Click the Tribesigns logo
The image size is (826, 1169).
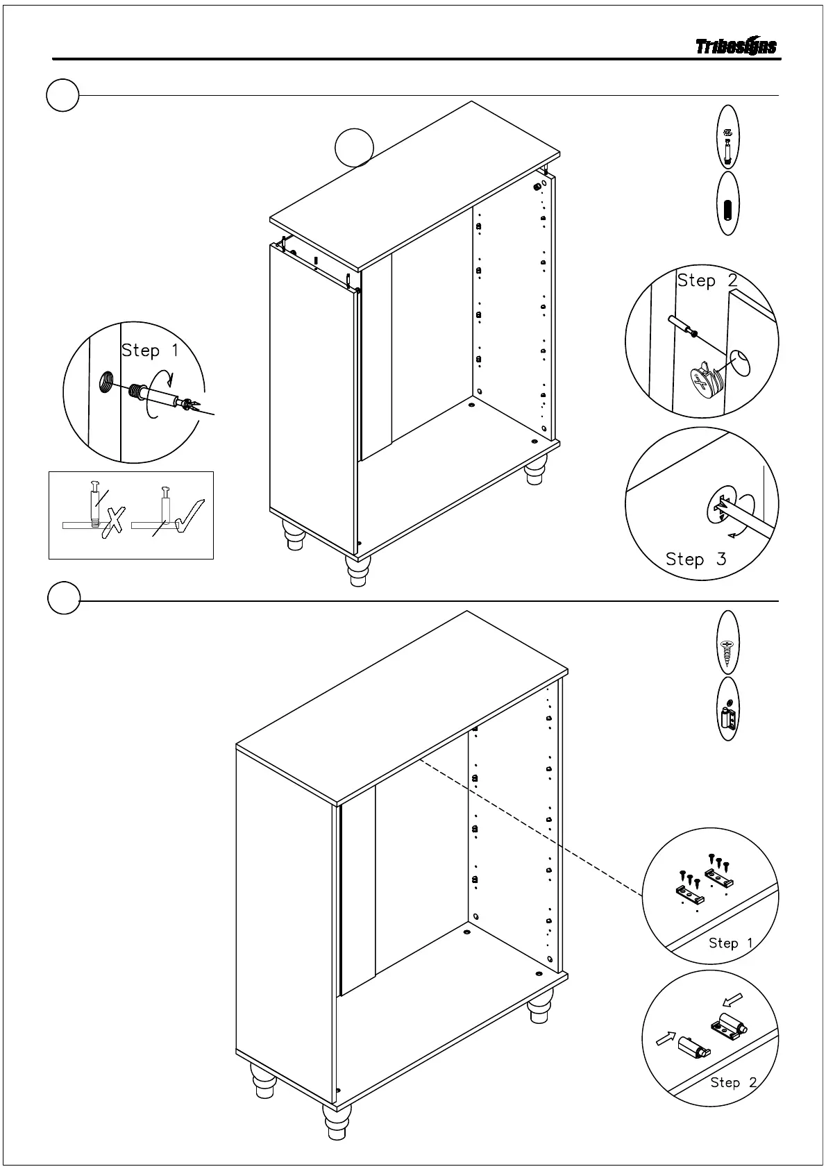pos(736,47)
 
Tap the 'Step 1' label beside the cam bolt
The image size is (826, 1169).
pos(150,351)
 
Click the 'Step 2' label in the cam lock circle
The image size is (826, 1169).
pos(707,280)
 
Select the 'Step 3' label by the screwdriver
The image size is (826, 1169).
pos(696,559)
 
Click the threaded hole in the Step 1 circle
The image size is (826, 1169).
pos(106,381)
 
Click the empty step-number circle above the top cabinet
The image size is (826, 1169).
pos(354,147)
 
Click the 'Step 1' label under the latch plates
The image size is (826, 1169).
pos(730,943)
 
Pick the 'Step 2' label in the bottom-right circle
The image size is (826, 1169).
pos(733,1082)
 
